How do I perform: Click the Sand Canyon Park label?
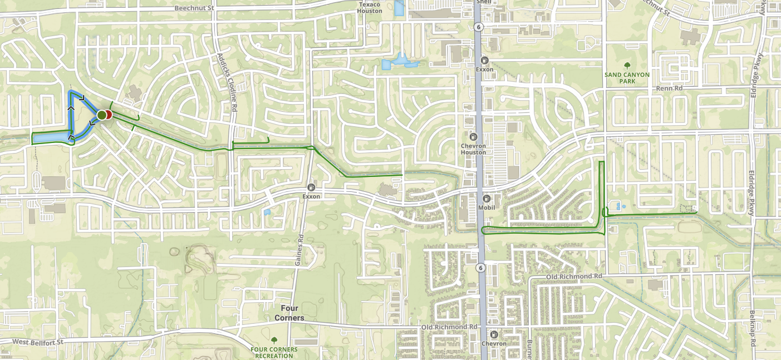[627, 77]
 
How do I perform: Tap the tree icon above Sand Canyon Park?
[627, 65]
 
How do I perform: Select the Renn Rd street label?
[669, 88]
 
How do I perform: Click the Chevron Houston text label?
[473, 149]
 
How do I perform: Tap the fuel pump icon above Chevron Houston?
[473, 136]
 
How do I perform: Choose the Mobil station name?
[486, 207]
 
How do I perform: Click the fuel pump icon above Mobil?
[486, 198]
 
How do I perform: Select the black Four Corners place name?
[289, 313]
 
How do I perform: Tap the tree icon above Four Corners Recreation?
[273, 339]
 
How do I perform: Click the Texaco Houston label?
[370, 8]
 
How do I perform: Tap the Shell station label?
[484, 2]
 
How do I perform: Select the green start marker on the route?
[101, 115]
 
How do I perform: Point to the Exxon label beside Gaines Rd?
[311, 196]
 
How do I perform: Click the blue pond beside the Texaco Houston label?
[399, 8]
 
